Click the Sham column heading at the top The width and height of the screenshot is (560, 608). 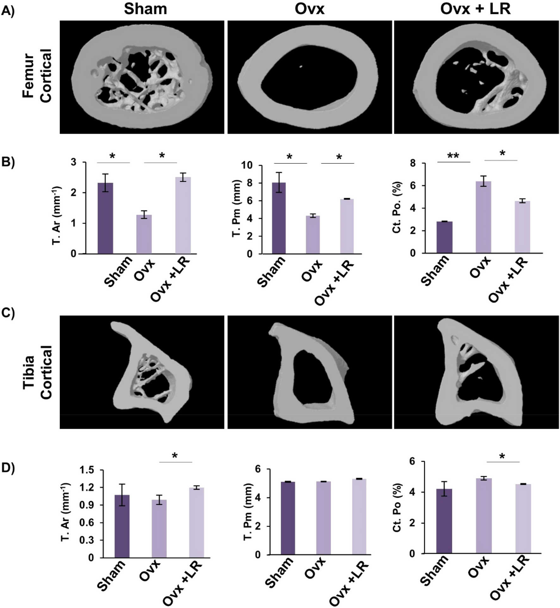pos(145,9)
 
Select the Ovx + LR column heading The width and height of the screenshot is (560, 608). pos(475,9)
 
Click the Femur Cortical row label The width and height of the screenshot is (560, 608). pos(38,76)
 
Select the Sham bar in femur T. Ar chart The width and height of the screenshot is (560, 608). pos(105,218)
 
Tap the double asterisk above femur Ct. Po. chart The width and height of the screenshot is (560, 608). pos(453,155)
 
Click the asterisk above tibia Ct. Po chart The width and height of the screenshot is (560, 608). pos(502,456)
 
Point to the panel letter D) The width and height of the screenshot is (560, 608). pos(8,468)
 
